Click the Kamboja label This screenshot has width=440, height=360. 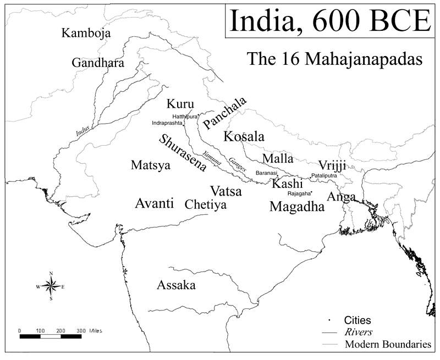coord(86,34)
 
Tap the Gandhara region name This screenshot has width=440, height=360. coord(98,63)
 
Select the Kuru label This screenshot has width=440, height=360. coord(180,104)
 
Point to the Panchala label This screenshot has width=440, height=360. coord(224,112)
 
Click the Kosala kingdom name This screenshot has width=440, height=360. coord(244,136)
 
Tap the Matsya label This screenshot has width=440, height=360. coord(151,165)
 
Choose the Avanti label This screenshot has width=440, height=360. coord(155,203)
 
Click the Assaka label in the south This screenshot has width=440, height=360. coord(176,285)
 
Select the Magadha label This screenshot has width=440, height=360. coord(297,207)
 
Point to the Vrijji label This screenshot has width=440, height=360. coord(332,166)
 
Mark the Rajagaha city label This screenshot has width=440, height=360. coord(299,193)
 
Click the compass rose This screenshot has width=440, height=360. coord(51,286)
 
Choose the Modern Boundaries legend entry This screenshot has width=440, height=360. coord(387,345)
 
